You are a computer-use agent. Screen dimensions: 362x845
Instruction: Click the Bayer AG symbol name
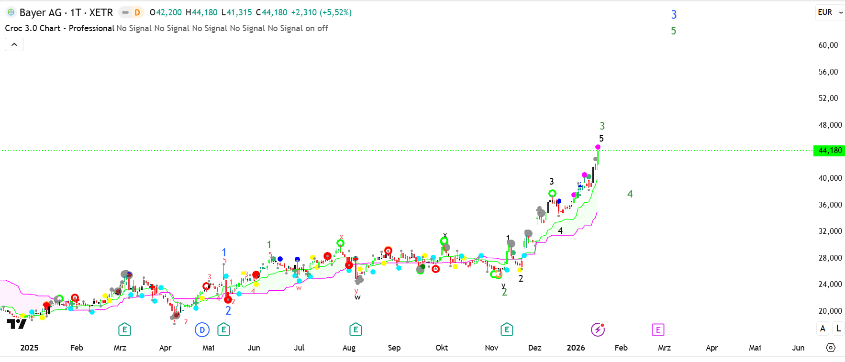pos(40,12)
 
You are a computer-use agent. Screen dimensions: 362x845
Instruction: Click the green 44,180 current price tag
pos(829,151)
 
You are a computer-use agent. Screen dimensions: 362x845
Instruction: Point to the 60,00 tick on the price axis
pos(828,45)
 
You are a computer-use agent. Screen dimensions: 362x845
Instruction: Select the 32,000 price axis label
pos(830,231)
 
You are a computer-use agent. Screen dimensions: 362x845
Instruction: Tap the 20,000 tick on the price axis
pos(830,311)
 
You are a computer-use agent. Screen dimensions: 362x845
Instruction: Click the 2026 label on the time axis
pos(576,348)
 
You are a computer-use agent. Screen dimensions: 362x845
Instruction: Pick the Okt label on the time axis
pos(442,348)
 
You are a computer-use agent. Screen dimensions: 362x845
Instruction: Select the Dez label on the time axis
pos(534,348)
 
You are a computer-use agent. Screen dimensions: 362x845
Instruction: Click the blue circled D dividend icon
pos(202,329)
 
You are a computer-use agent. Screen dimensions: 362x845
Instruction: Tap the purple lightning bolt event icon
pos(598,329)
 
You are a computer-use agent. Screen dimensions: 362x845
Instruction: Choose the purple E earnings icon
pos(658,329)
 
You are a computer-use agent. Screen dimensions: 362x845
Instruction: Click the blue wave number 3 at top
pos(674,15)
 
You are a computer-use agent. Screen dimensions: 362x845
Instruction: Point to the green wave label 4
pos(630,194)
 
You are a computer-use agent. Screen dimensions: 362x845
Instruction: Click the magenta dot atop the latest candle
pos(598,147)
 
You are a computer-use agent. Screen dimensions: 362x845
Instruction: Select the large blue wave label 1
pos(224,252)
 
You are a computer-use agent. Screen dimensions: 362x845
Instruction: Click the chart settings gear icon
pos(831,348)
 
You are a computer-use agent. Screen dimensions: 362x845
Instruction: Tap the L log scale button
pos(838,329)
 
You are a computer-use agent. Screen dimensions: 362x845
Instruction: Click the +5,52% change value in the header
pos(336,12)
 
